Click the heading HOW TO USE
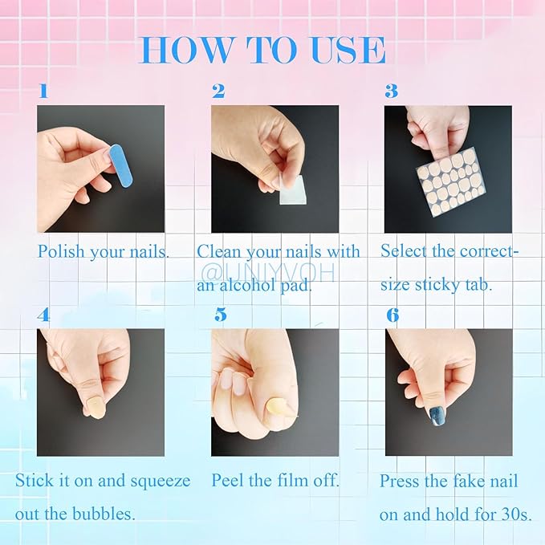coord(262,50)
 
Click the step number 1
coord(43,91)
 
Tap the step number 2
coord(218,91)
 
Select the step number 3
coord(391,91)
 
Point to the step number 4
coord(43,315)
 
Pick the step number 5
coord(220,315)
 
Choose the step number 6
coord(392,315)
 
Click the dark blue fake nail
coord(438,416)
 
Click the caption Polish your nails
coord(104,251)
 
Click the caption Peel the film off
coord(275,481)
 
